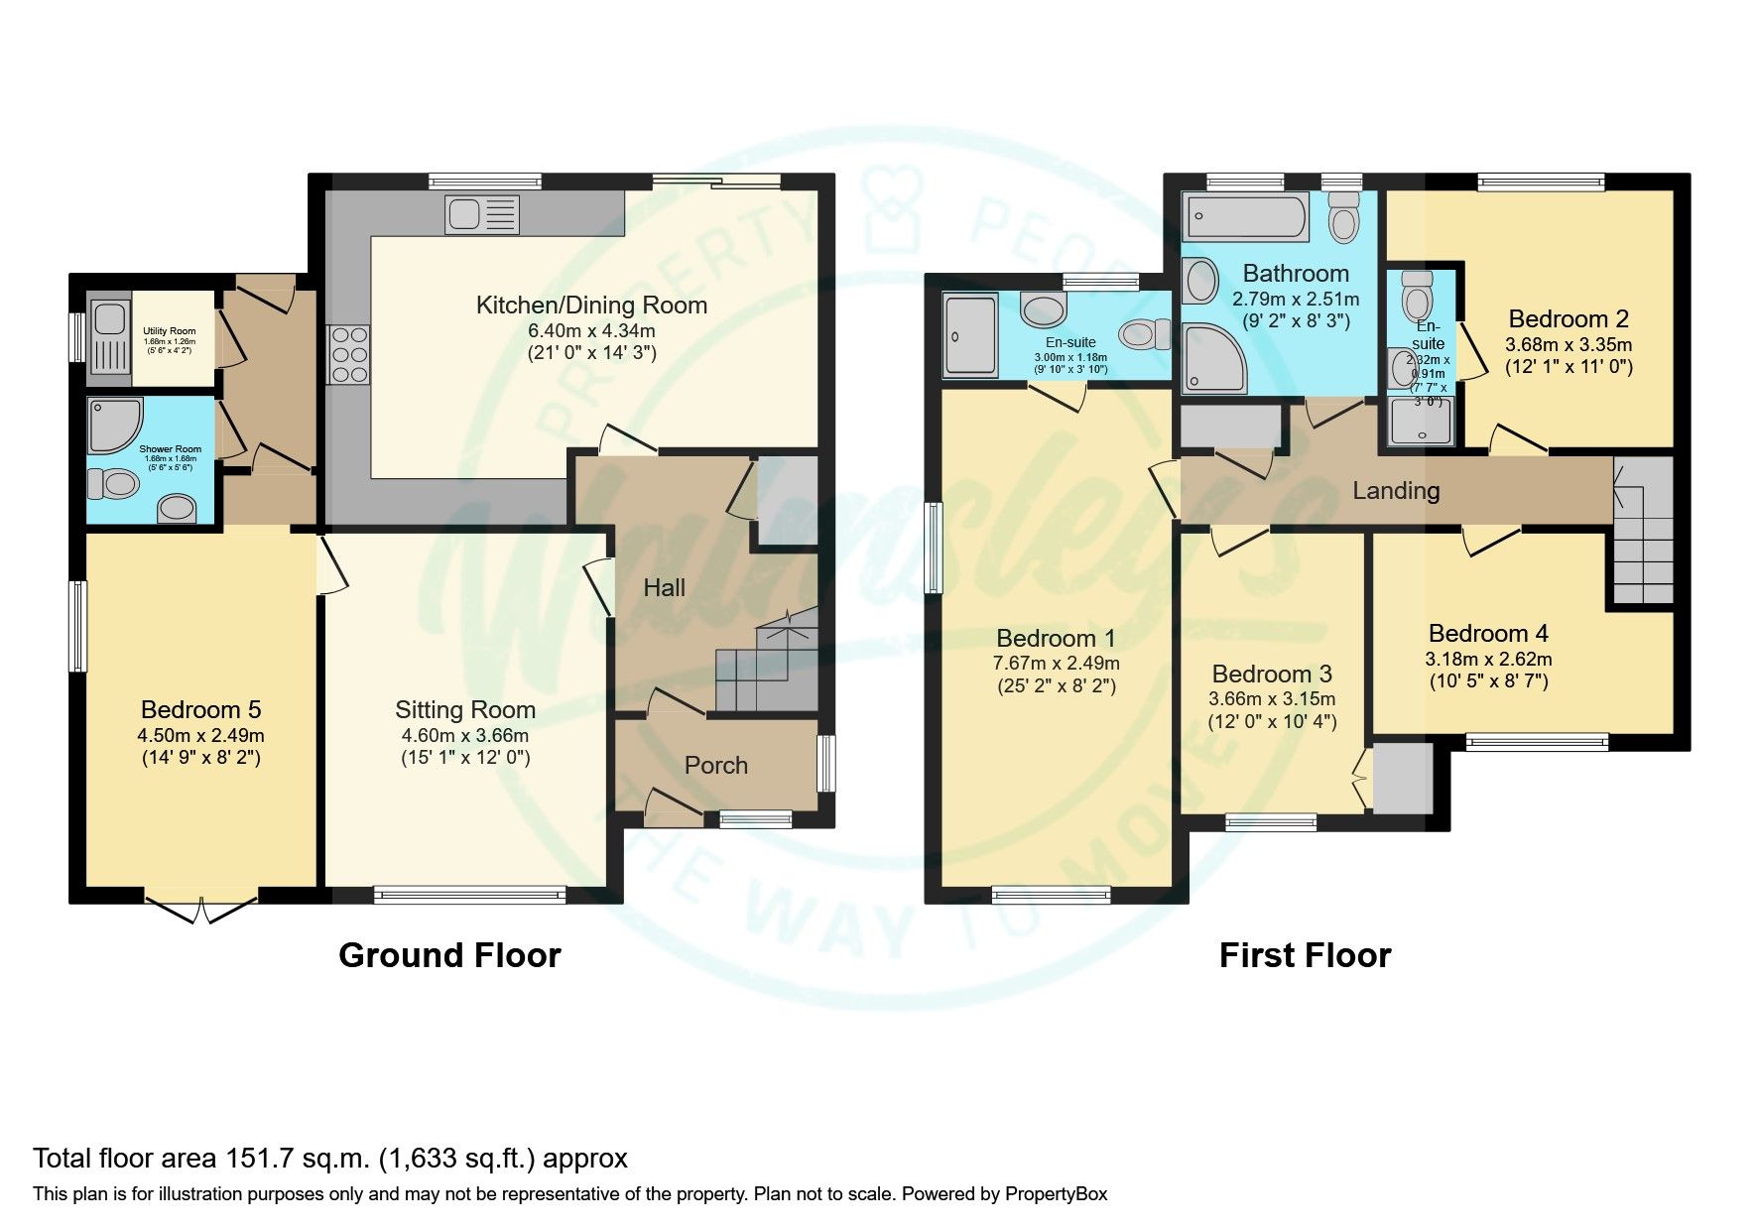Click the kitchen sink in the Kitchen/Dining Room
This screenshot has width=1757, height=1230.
482,214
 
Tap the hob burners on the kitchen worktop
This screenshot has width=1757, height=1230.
347,354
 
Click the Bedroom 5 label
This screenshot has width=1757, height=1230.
200,709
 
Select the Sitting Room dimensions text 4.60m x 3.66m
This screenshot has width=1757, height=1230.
464,736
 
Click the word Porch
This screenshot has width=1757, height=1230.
715,765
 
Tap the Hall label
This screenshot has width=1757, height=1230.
664,588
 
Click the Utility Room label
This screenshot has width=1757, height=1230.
169,331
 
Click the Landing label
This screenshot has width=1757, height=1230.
1396,490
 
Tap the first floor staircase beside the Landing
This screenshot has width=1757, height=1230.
1642,536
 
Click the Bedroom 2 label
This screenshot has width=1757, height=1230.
1568,318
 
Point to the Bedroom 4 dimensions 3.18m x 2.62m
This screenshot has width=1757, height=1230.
1488,659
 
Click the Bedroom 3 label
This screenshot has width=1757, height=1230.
1271,675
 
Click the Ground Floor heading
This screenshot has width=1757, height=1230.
449,955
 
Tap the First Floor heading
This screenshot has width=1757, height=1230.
1304,955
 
